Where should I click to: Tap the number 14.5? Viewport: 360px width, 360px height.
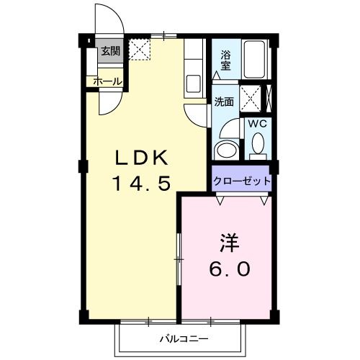pos(142,184)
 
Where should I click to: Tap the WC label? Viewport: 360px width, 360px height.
pos(257,125)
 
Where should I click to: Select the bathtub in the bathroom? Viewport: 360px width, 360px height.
pos(256,62)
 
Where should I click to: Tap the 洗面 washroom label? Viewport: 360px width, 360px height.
pos(224,102)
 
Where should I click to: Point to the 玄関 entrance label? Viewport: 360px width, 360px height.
pos(110,50)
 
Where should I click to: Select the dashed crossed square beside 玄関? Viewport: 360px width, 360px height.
pos(138,49)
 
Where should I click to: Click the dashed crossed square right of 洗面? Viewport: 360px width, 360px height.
pos(251,97)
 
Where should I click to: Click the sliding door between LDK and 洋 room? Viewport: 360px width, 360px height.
pos(178,259)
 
